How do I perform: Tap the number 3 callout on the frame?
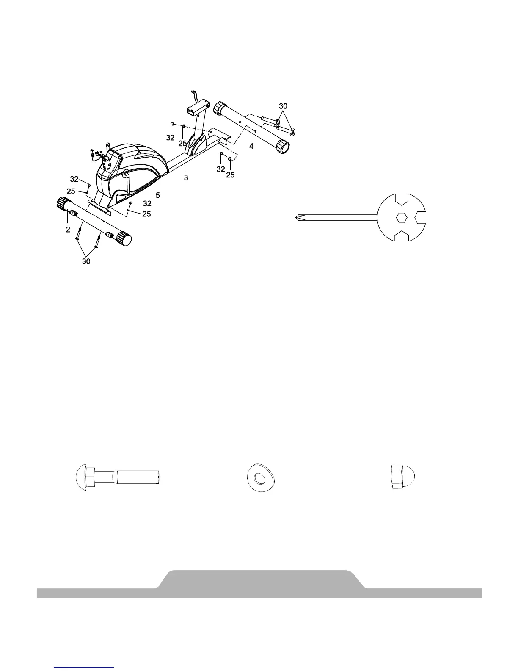pos(186,178)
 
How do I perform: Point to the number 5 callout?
pos(157,196)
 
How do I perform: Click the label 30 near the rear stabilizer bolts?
pos(283,105)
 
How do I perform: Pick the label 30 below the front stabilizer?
pos(86,262)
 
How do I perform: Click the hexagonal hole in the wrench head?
pos(401,218)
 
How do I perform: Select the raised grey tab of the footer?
pos(259,578)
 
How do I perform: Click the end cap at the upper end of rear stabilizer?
pos(219,107)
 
